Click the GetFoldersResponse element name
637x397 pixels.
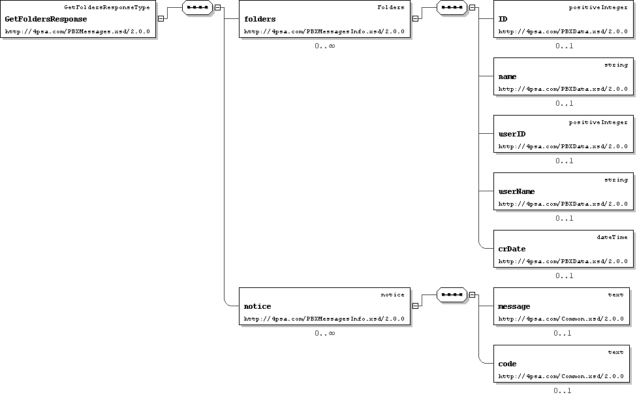[x=46, y=19]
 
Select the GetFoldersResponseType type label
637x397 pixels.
[x=107, y=7]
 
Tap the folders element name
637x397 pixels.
[x=260, y=19]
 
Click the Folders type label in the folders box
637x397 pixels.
[x=391, y=7]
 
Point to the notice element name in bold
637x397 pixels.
[x=257, y=306]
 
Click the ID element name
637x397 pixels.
[x=503, y=19]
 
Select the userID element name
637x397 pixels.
[x=512, y=134]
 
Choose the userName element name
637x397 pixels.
[x=516, y=191]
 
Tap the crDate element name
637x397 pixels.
[x=512, y=249]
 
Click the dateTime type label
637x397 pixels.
[x=612, y=237]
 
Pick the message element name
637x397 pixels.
[x=514, y=306]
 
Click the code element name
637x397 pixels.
[x=507, y=364]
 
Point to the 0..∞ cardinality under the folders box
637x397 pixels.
[x=324, y=46]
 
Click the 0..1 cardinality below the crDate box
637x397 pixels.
[x=565, y=276]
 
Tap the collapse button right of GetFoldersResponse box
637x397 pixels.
[x=161, y=19]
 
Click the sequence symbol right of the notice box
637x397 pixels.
[x=452, y=294]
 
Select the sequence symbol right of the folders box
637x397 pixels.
[x=452, y=7]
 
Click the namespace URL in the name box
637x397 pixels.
[x=563, y=89]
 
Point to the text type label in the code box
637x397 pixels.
[x=616, y=353]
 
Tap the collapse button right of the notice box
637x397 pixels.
[x=415, y=306]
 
